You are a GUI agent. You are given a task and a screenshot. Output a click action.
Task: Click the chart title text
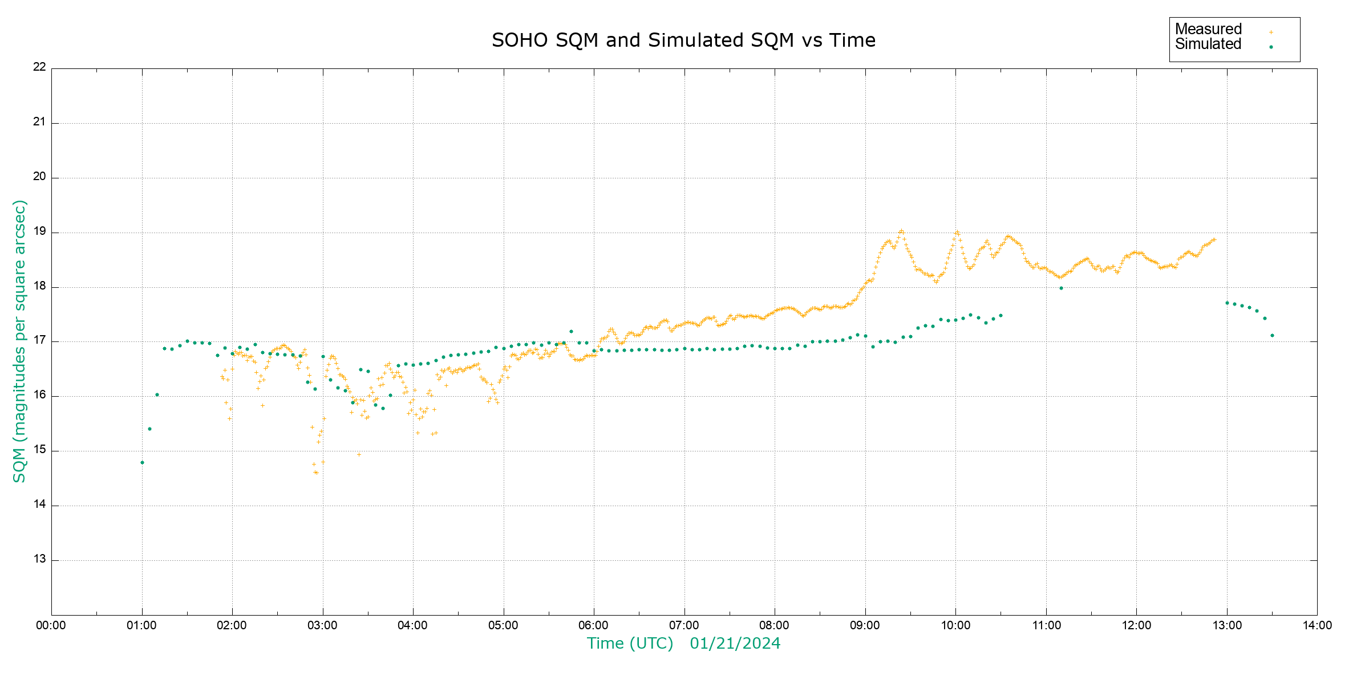683,40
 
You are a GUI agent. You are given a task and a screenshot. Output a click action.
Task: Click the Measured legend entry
1208,29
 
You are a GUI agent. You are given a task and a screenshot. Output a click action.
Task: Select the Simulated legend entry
1208,44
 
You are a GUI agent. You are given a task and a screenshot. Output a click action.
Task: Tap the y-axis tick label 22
39,67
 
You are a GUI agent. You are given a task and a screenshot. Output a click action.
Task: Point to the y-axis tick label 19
39,232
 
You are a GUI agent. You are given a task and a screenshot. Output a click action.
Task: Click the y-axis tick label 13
39,559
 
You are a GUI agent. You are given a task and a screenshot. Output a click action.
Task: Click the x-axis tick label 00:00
51,625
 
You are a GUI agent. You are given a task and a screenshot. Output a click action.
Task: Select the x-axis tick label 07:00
684,625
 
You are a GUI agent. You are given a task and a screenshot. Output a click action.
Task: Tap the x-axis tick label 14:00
1317,625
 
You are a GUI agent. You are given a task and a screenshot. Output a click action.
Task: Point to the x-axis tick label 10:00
955,625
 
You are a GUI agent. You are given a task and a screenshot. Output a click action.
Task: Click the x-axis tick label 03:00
322,625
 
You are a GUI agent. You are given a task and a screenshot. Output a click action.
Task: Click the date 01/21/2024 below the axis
735,644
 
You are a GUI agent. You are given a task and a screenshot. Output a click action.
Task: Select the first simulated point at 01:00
142,462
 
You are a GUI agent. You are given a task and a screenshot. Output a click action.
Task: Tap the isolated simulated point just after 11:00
1061,288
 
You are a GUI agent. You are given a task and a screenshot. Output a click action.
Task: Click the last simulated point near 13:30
1272,335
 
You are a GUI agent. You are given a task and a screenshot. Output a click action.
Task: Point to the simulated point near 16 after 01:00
157,394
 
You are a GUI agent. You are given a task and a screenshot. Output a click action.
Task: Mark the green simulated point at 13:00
1227,303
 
